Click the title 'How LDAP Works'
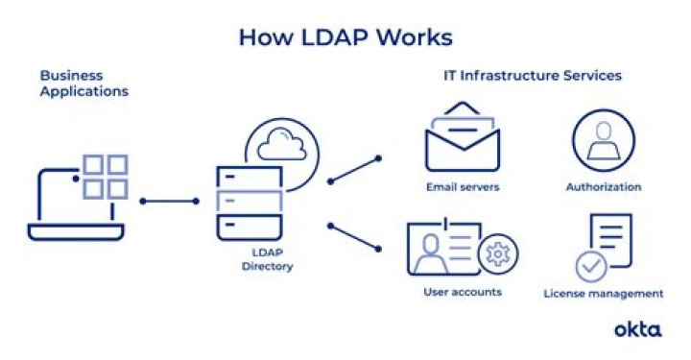pos(345,37)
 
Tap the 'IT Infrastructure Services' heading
pos(532,75)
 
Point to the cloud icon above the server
pos(281,144)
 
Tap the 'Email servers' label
pos(464,187)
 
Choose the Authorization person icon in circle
pos(604,140)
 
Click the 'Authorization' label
pos(604,187)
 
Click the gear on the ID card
pos(497,254)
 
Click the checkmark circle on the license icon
pos(589,266)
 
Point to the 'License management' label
pos(604,293)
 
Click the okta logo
pos(637,329)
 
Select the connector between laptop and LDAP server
pos(169,202)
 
